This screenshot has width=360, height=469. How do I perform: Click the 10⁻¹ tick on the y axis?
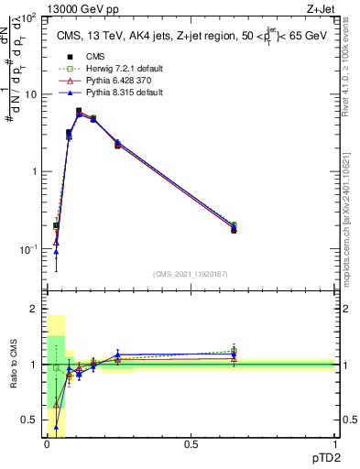pyautogui.click(x=28, y=249)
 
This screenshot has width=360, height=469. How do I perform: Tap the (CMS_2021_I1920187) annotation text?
pyautogui.click(x=191, y=274)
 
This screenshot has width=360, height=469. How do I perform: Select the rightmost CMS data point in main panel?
pyautogui.click(x=234, y=229)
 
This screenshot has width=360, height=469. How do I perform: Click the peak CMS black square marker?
pyautogui.click(x=79, y=111)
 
